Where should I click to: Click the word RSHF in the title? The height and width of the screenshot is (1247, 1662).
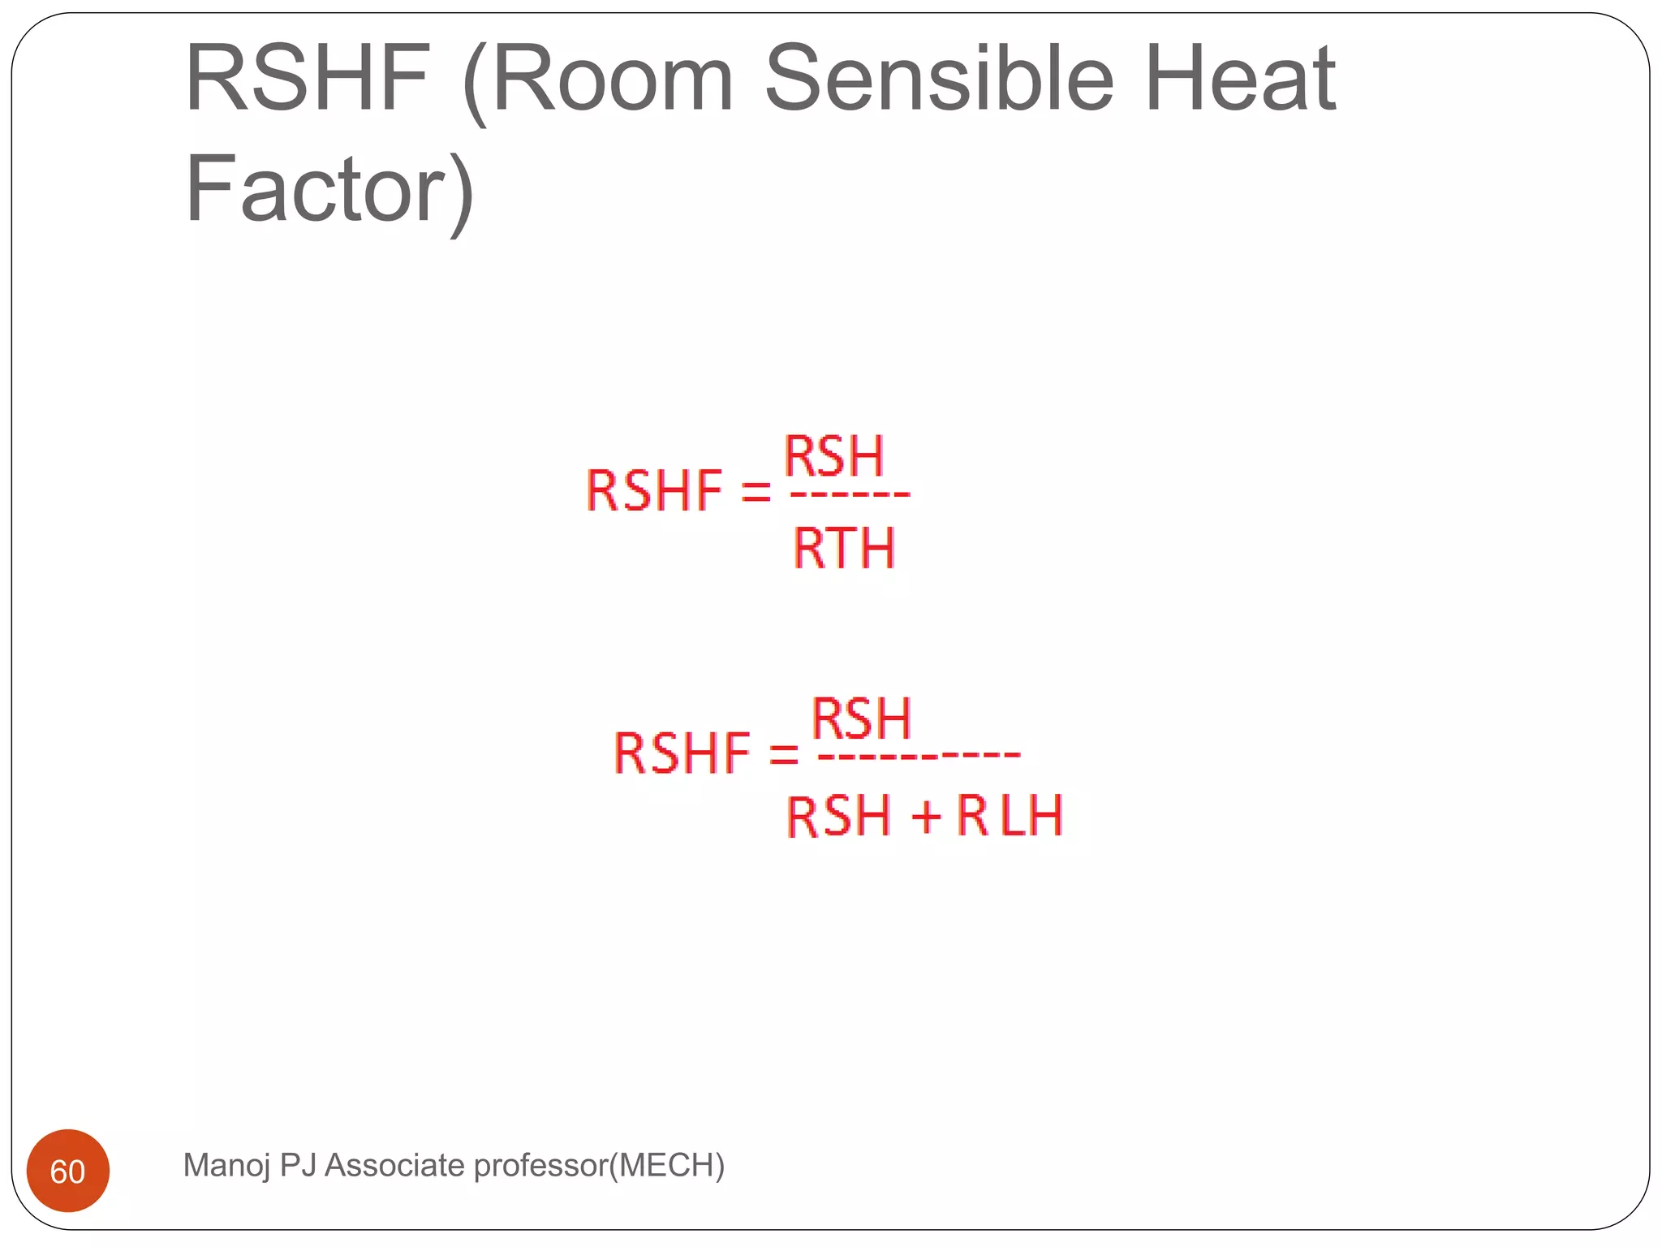[x=307, y=79]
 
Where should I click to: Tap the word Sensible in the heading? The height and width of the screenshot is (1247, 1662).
[x=939, y=79]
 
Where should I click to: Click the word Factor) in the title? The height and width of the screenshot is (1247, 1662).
[x=329, y=190]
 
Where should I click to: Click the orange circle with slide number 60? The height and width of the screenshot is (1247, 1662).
[x=68, y=1171]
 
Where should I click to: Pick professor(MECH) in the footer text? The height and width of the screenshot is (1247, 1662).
[x=599, y=1165]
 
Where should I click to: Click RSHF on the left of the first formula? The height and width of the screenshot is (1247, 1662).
[x=653, y=491]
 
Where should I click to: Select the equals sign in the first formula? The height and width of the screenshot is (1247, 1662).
[x=756, y=491]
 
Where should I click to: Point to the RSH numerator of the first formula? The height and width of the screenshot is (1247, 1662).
[x=833, y=456]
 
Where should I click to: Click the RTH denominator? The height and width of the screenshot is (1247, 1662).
[x=844, y=548]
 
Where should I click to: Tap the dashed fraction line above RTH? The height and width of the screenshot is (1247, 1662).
[x=850, y=494]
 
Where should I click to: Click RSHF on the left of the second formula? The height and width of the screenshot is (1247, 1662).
[x=682, y=753]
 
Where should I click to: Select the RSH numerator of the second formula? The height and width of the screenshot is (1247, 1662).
[x=862, y=718]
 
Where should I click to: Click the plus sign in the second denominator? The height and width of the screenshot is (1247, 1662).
[x=925, y=816]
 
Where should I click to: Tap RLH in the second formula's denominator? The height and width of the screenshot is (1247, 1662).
[x=1010, y=815]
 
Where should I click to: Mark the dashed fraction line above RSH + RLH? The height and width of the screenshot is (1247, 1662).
[x=919, y=756]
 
